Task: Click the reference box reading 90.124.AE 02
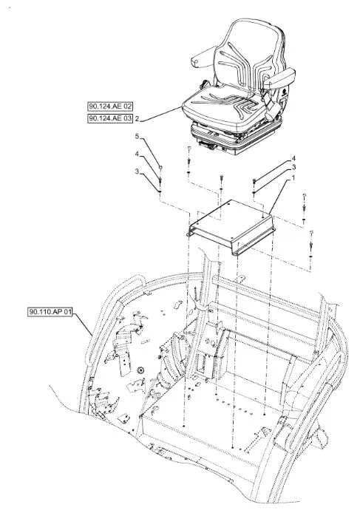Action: coord(111,106)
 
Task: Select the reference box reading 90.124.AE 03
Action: coord(111,118)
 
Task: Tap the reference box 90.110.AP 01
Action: coord(50,312)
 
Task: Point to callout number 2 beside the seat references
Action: coord(137,119)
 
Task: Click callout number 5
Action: coord(137,136)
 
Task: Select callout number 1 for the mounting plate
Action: coord(293,177)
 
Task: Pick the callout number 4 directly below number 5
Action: coord(137,154)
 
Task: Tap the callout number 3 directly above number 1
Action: coord(293,167)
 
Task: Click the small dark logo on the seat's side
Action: coord(284,91)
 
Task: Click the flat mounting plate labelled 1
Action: coord(232,225)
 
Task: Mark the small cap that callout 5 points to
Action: coord(160,167)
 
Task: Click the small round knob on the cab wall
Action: coord(140,370)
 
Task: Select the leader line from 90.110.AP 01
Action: coord(83,324)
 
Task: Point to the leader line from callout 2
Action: coord(161,114)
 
